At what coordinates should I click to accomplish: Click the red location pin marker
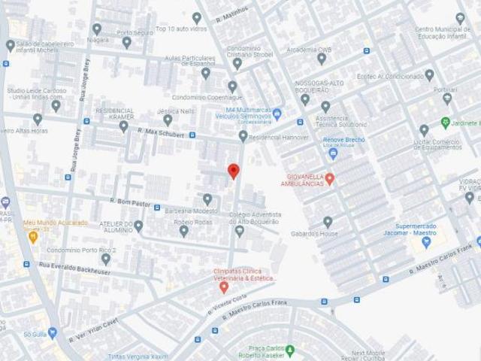(x=233, y=171)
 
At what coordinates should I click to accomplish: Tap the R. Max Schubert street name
(x=161, y=134)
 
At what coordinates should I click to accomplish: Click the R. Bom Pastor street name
(x=131, y=202)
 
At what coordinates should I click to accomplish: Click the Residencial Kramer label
(x=115, y=114)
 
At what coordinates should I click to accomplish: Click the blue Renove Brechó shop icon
(x=333, y=153)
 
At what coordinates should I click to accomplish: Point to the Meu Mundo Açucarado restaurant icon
(x=33, y=236)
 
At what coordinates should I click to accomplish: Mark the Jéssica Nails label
(x=175, y=110)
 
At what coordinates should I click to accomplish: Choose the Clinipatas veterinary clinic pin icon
(x=224, y=287)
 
